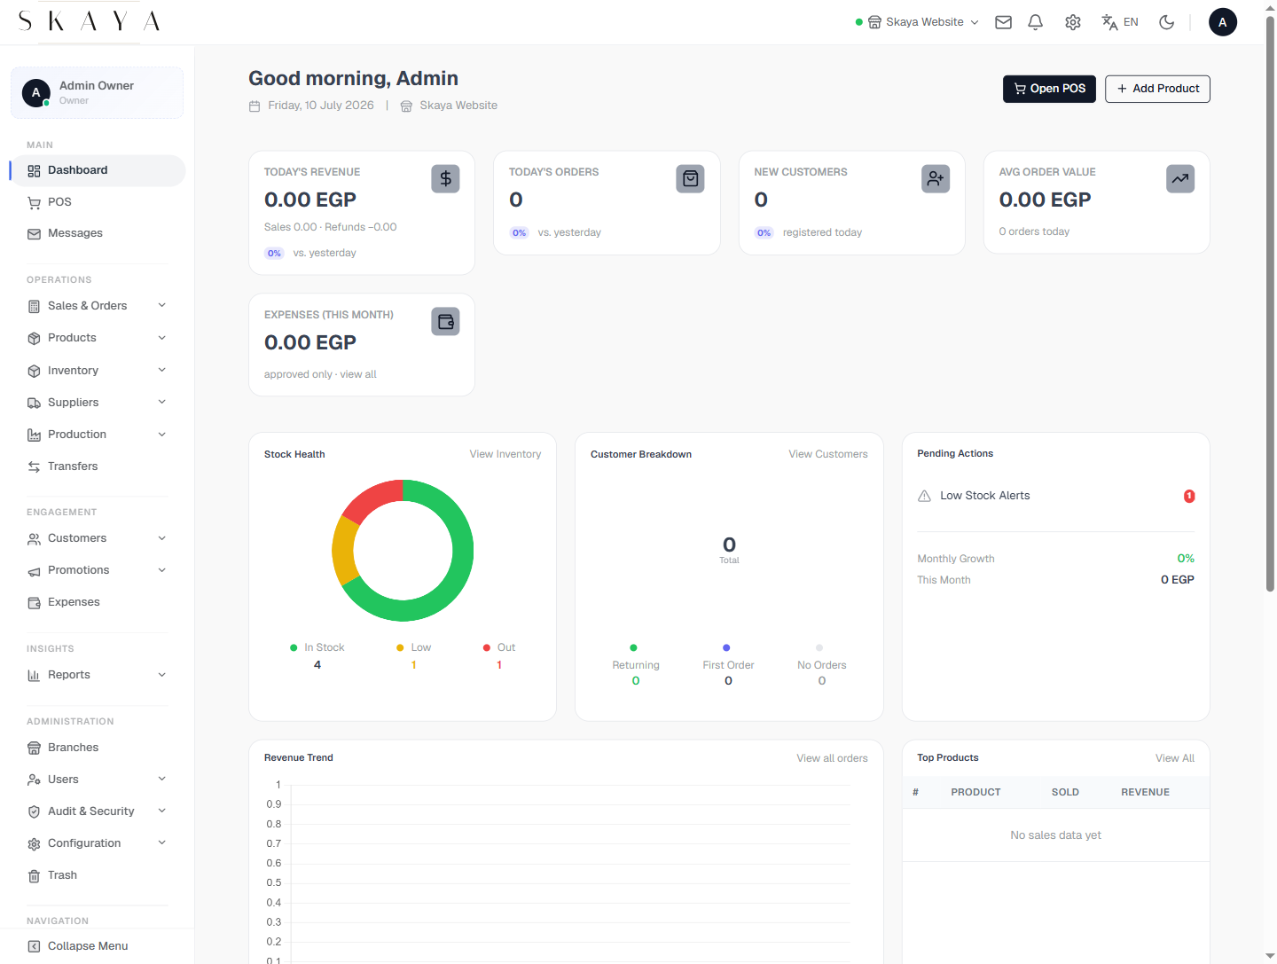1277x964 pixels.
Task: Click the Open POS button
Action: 1048,89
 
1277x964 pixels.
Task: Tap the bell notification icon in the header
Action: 1035,22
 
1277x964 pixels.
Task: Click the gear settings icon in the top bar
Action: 1072,22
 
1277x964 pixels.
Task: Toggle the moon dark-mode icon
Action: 1166,22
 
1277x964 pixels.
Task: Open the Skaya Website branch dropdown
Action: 917,22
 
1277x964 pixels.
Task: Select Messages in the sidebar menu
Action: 75,233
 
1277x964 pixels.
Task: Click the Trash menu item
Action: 62,875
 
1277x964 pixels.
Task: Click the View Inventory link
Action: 505,454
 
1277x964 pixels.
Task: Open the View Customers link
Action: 827,454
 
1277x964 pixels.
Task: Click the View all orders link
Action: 831,758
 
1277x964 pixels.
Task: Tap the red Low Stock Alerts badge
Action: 1188,496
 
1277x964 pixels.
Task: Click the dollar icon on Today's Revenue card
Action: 445,178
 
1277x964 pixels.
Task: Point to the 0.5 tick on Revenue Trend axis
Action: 273,882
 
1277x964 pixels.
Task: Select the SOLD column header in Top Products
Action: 1065,792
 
